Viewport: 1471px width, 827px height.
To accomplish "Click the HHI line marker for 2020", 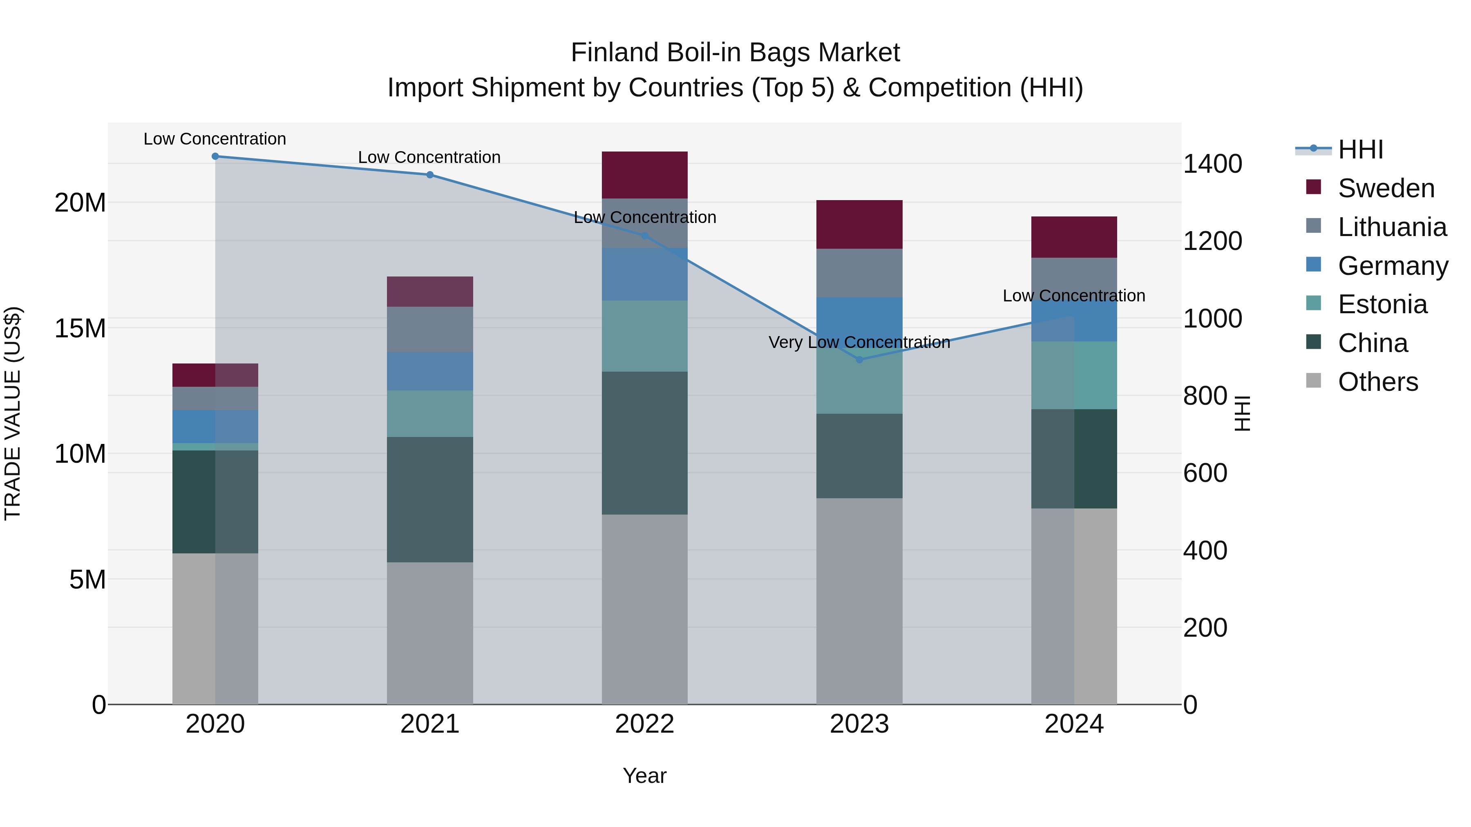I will (215, 156).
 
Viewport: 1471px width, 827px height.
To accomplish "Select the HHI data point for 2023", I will (859, 359).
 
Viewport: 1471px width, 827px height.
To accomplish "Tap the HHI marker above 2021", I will (430, 175).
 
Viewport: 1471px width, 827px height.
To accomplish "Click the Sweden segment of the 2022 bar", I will (645, 175).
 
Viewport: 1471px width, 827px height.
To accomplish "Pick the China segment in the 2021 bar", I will (430, 499).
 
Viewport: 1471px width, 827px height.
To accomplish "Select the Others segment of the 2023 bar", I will (859, 601).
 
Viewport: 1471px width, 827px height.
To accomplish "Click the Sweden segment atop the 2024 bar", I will (1074, 237).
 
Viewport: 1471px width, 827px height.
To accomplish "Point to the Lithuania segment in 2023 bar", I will (859, 273).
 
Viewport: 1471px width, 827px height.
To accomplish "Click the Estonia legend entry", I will (1382, 304).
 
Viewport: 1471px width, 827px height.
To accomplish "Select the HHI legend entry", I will (1361, 149).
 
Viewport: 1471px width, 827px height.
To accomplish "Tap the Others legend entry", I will (1378, 382).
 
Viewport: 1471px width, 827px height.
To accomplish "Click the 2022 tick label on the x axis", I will (645, 724).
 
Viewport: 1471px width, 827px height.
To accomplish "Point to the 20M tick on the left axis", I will (80, 203).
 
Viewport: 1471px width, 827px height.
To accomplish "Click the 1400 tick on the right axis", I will (1212, 164).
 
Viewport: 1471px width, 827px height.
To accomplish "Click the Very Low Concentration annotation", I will (859, 343).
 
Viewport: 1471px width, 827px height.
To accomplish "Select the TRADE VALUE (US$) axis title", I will (13, 413).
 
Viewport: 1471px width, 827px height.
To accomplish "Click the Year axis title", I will (645, 776).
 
